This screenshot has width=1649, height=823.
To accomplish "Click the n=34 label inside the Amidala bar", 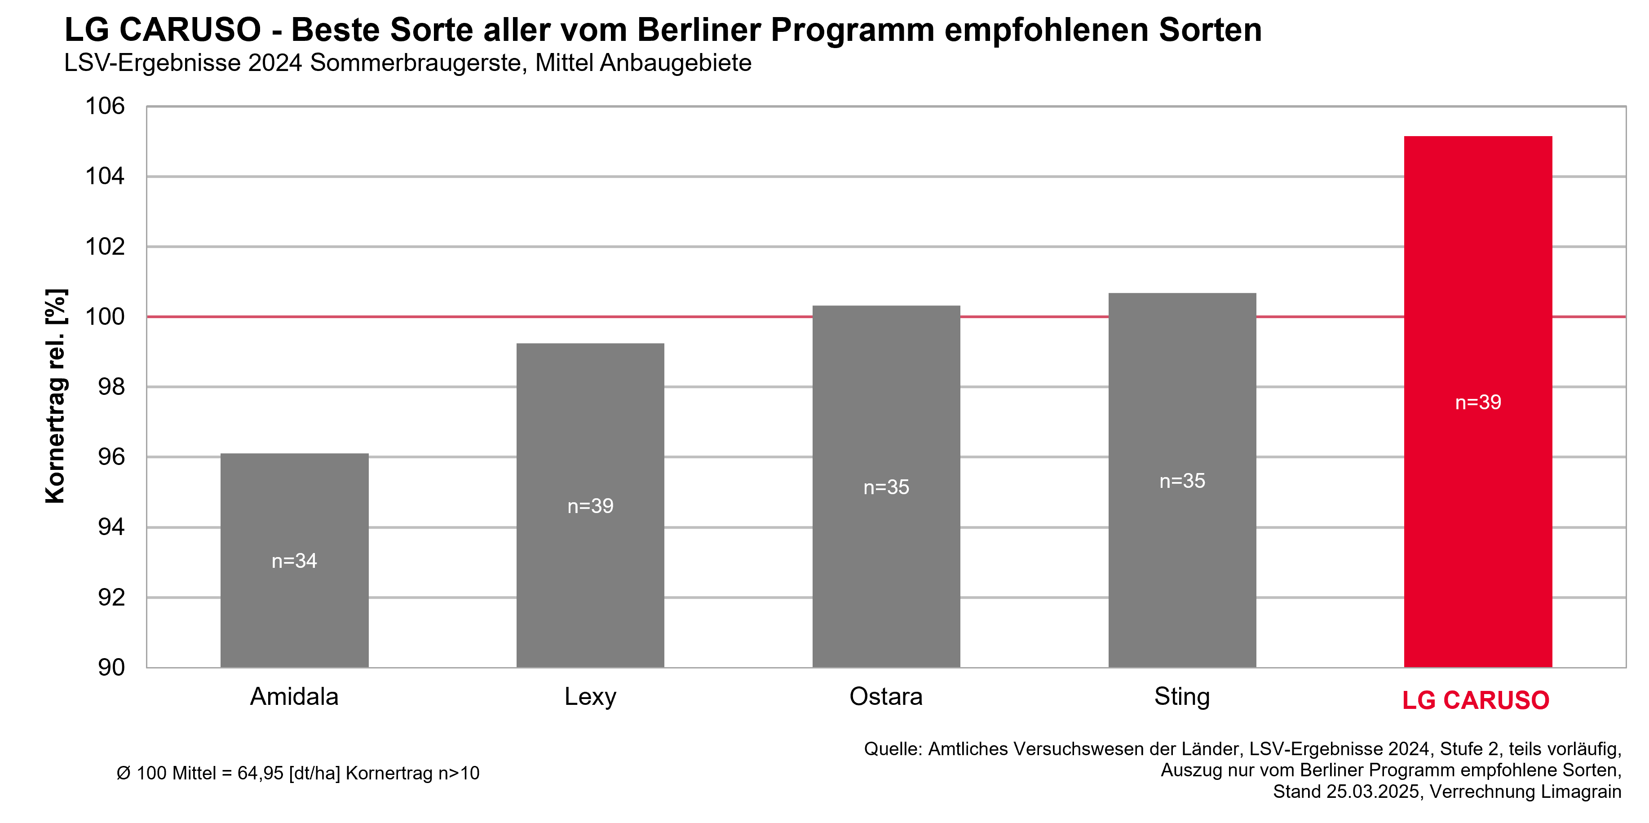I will point(295,561).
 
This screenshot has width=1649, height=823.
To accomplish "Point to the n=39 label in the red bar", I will point(1478,403).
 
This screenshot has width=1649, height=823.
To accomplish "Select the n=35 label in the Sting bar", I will point(1182,481).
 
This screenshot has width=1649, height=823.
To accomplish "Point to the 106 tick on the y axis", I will point(105,106).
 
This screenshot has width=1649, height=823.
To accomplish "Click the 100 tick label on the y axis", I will point(105,317).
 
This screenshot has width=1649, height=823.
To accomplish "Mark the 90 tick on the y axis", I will point(111,668).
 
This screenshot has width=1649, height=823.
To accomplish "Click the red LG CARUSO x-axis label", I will point(1476,700).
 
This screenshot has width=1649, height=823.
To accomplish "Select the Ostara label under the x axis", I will point(886,697).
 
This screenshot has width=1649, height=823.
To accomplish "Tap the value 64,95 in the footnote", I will point(260,773).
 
